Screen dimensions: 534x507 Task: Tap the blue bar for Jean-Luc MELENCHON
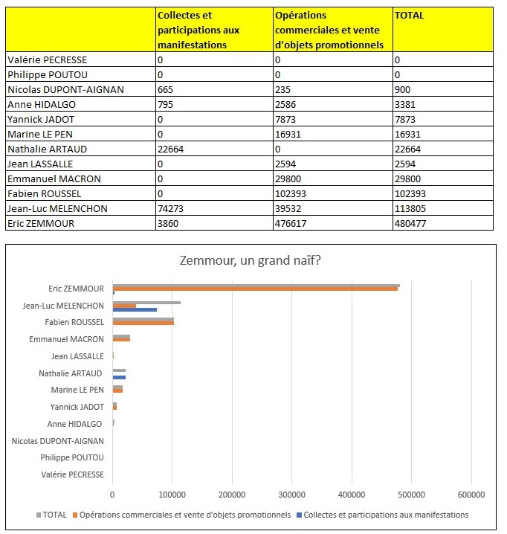click(135, 309)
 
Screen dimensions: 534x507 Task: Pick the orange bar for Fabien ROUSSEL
click(143, 323)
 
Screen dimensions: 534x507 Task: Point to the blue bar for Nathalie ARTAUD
click(119, 377)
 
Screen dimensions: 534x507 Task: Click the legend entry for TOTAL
click(51, 515)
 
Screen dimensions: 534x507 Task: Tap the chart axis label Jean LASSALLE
click(77, 356)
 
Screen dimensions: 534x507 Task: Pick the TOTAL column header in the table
click(410, 16)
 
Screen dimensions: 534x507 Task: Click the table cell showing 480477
click(410, 223)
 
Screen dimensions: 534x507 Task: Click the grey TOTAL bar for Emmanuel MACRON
click(121, 337)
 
